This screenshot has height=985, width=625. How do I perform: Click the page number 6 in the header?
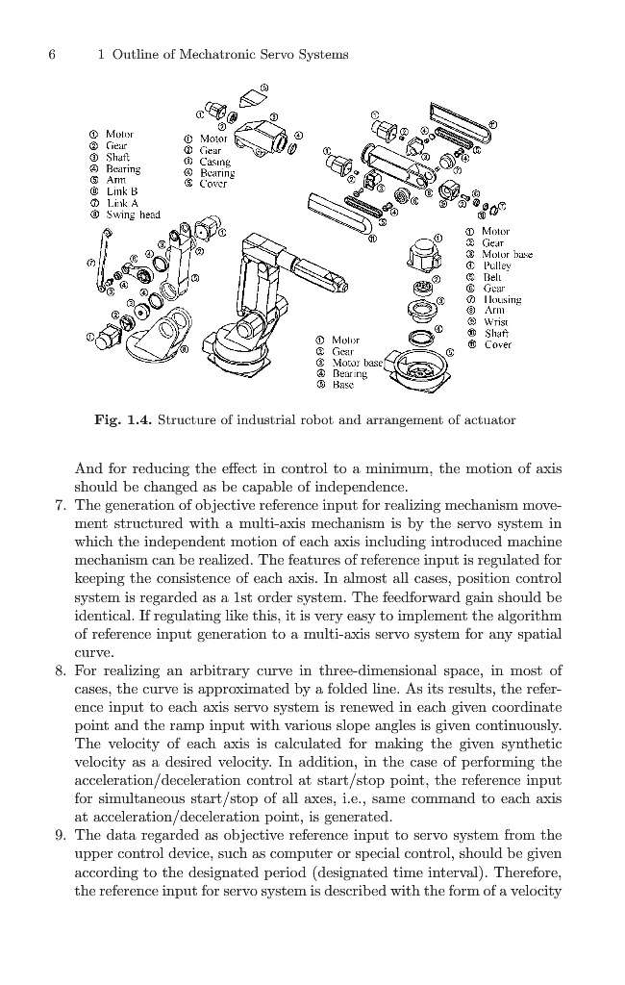tap(52, 55)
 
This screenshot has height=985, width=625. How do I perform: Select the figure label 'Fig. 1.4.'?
tap(123, 420)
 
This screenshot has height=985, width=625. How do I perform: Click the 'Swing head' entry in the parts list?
tap(132, 215)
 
